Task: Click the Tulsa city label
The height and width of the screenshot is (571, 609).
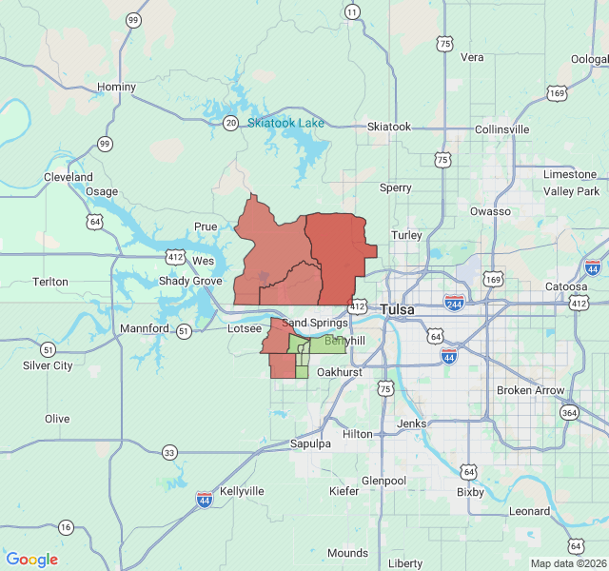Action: pyautogui.click(x=398, y=309)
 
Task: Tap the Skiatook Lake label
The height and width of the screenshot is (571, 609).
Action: pyautogui.click(x=285, y=123)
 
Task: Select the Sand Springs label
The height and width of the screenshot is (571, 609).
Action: pyautogui.click(x=315, y=324)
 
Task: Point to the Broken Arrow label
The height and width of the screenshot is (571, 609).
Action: pyautogui.click(x=530, y=390)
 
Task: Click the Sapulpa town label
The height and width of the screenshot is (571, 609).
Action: pyautogui.click(x=311, y=444)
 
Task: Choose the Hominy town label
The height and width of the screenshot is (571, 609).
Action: pyautogui.click(x=116, y=87)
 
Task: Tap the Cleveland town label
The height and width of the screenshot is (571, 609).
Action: pyautogui.click(x=69, y=177)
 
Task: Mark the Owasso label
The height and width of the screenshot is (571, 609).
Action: pyautogui.click(x=490, y=211)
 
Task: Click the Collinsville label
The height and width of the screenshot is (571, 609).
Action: pyautogui.click(x=501, y=129)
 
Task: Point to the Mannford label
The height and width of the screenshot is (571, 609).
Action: pyautogui.click(x=144, y=329)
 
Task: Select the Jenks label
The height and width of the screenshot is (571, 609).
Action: pyautogui.click(x=411, y=423)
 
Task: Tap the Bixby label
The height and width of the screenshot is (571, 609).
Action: pyautogui.click(x=470, y=492)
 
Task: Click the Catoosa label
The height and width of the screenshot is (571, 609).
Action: pyautogui.click(x=566, y=285)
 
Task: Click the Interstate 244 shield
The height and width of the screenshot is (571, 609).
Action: pyautogui.click(x=454, y=303)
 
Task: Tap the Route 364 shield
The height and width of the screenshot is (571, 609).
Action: pyautogui.click(x=569, y=412)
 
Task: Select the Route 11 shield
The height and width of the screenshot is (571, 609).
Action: pyautogui.click(x=353, y=12)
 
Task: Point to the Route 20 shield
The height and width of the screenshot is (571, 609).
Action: pyautogui.click(x=230, y=123)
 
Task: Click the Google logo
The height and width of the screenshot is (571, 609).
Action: pyautogui.click(x=31, y=560)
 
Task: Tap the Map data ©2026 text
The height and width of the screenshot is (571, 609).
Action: pyautogui.click(x=566, y=562)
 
